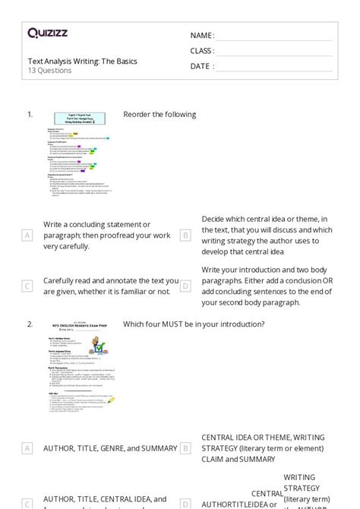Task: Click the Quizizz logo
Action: pyautogui.click(x=48, y=33)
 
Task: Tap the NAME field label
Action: pyautogui.click(x=201, y=36)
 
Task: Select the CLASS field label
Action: pyautogui.click(x=202, y=51)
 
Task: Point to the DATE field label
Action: pyautogui.click(x=201, y=66)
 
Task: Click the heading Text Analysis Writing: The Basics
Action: pyautogui.click(x=82, y=61)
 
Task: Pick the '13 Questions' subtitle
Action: pyautogui.click(x=49, y=71)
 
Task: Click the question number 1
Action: pyautogui.click(x=30, y=115)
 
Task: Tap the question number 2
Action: pyautogui.click(x=30, y=324)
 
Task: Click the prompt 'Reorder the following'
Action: pyautogui.click(x=159, y=115)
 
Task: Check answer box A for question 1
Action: pyautogui.click(x=27, y=236)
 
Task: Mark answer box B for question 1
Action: pyautogui.click(x=185, y=236)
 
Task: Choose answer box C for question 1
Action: pyautogui.click(x=27, y=286)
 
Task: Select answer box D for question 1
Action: pyautogui.click(x=185, y=286)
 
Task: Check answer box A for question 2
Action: pyautogui.click(x=27, y=448)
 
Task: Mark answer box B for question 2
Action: pyautogui.click(x=185, y=448)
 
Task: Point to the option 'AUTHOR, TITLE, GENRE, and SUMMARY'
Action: pyautogui.click(x=109, y=448)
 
